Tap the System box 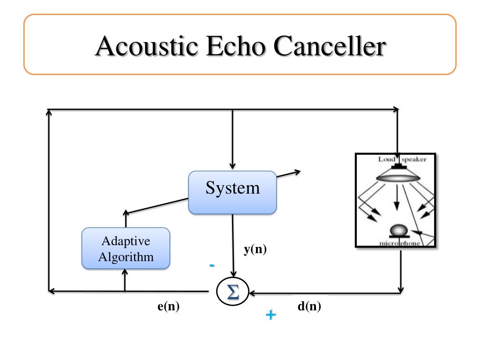click(x=232, y=193)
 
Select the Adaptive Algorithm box click(x=126, y=248)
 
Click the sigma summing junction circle click(x=232, y=292)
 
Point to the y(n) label click(x=255, y=250)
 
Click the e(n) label click(x=169, y=307)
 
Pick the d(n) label click(x=309, y=307)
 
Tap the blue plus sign click(x=270, y=315)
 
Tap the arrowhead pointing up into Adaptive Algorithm click(x=125, y=273)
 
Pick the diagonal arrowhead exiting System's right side click(x=296, y=172)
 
